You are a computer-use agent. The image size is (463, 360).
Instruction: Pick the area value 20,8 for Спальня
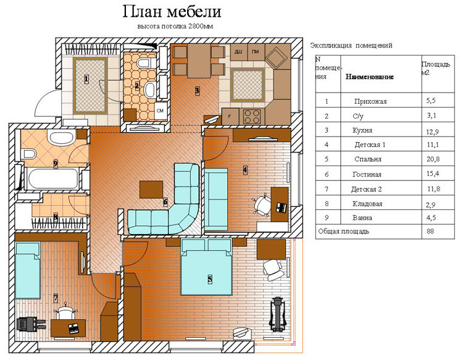tap(432, 159)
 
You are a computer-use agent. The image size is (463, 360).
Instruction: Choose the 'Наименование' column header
tap(369, 77)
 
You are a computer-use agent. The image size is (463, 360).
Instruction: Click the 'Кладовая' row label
tap(368, 203)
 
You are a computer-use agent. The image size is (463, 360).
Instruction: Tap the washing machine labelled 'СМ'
tap(160, 110)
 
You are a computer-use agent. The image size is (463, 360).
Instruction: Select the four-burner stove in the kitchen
tap(252, 115)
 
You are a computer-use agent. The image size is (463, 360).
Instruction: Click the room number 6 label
tap(165, 201)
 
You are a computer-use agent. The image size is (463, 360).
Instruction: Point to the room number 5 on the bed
tap(210, 279)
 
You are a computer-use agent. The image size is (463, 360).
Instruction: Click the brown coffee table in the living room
tap(152, 188)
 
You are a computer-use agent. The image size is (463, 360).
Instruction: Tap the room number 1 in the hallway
tap(86, 78)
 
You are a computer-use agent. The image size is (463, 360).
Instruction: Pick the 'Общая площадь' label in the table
tap(343, 232)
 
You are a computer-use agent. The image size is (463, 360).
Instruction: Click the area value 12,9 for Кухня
tap(432, 130)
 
